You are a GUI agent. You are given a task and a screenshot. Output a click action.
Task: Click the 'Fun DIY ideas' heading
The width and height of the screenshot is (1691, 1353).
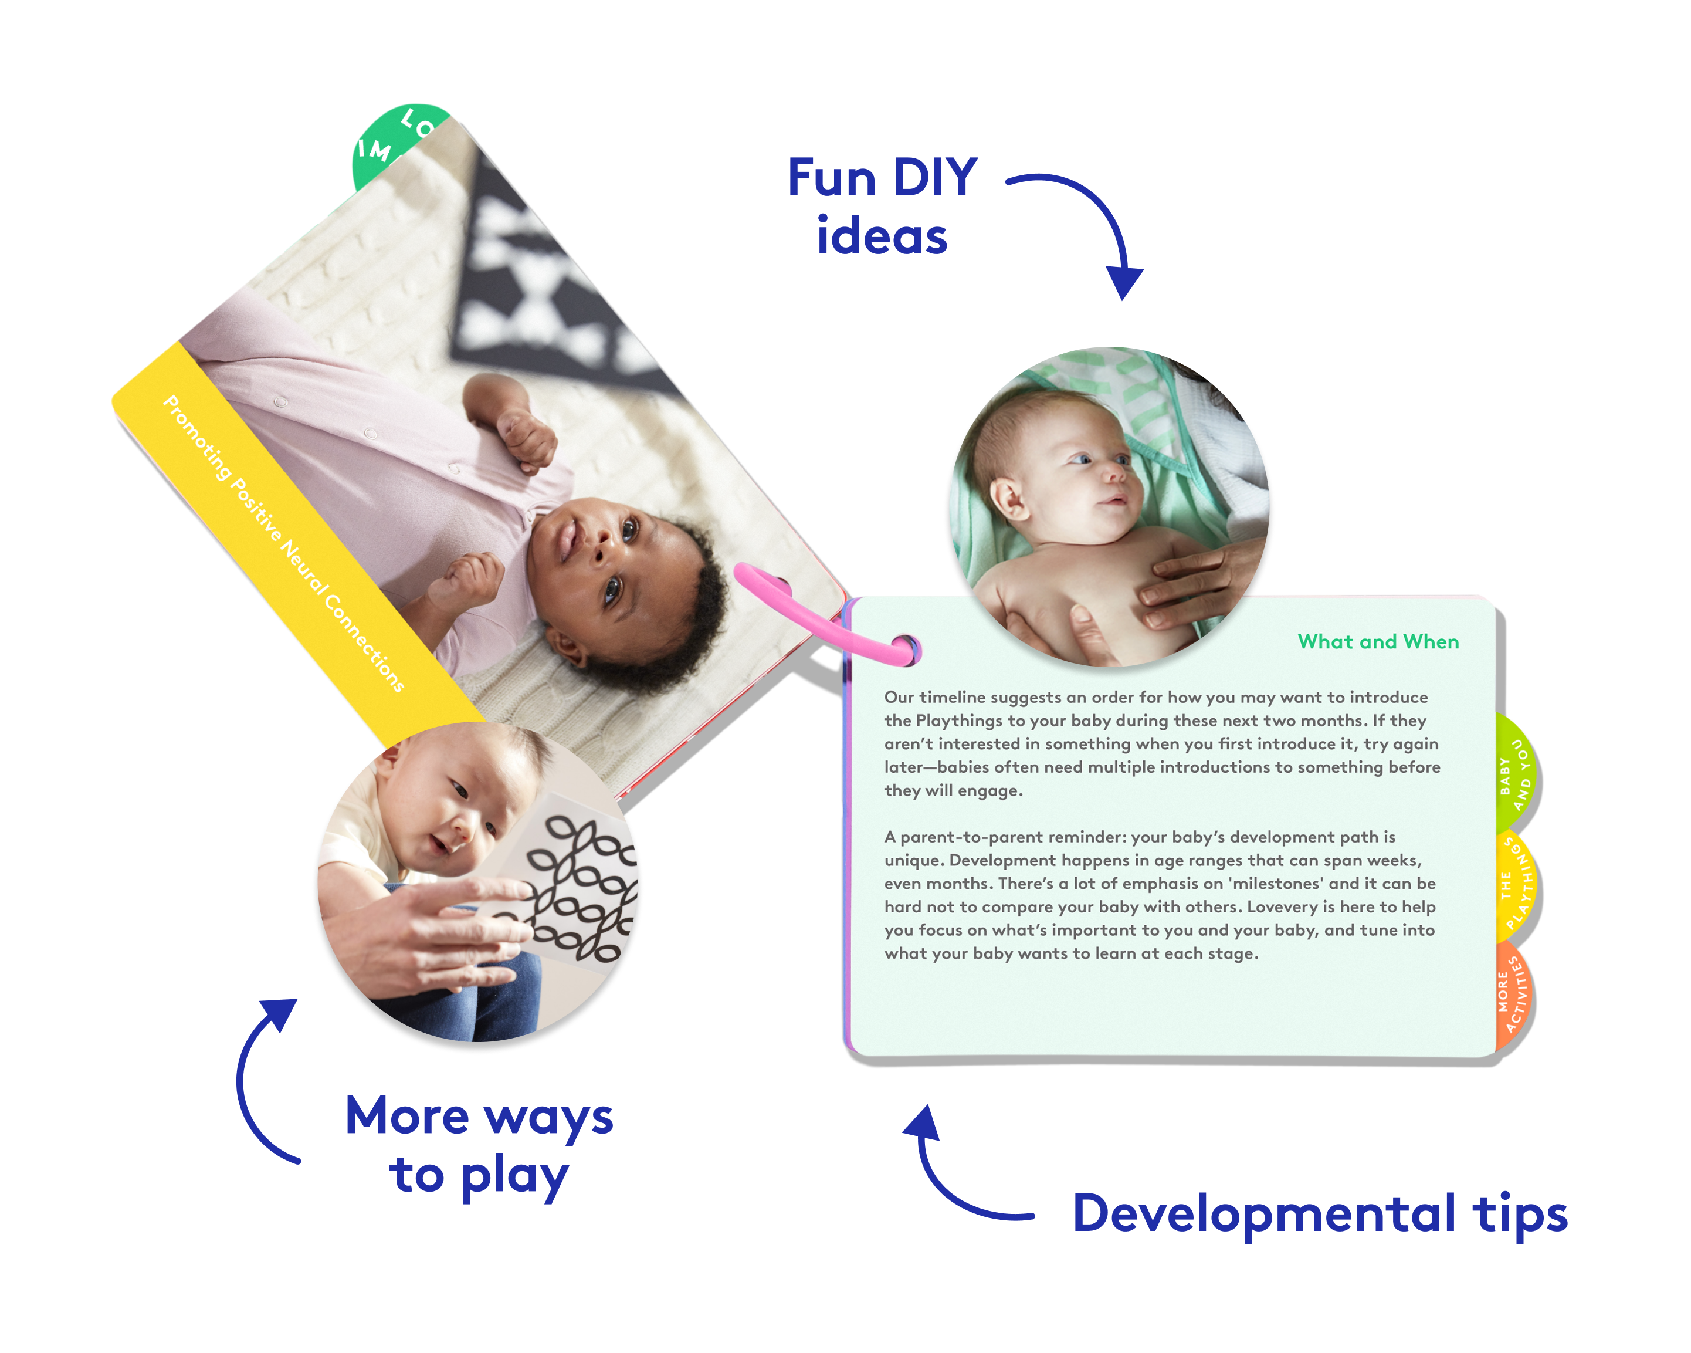tap(882, 207)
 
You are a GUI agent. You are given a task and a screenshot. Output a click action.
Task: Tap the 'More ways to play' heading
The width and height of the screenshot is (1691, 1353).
tap(479, 1145)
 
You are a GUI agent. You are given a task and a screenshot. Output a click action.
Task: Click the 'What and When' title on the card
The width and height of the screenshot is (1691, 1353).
tap(1378, 642)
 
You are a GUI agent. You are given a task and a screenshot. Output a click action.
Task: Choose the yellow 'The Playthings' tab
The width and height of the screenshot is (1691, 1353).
tap(1517, 887)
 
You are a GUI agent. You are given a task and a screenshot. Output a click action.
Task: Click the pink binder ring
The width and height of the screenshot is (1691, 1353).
tap(824, 620)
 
